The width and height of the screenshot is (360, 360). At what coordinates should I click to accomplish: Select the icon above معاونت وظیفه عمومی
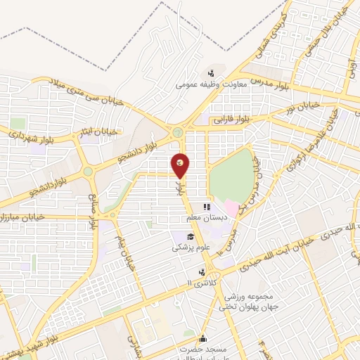(210, 73)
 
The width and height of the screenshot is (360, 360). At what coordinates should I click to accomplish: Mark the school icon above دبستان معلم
(207, 207)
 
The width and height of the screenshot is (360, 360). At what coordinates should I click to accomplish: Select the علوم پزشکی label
(191, 247)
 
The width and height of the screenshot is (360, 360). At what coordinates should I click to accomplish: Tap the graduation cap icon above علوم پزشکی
(190, 236)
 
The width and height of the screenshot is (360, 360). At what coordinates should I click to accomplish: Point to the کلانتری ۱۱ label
(202, 283)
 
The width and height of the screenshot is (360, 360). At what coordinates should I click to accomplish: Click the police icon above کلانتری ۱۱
(202, 271)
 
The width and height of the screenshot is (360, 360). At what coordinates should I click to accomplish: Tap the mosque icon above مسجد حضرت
(203, 337)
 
